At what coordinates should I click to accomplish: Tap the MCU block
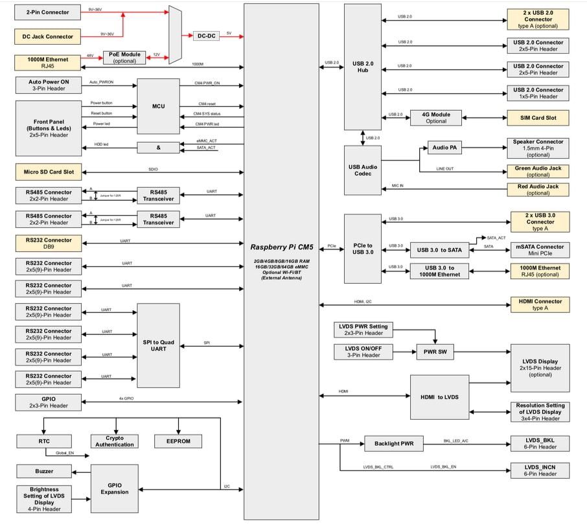pos(158,106)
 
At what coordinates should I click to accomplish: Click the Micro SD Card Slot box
pos(49,172)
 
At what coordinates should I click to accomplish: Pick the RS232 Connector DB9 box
pos(49,244)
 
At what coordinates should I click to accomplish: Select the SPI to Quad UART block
pos(158,345)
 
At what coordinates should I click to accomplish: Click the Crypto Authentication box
pos(115,441)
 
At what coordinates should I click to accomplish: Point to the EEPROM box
pos(178,441)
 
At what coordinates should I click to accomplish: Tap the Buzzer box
pos(44,471)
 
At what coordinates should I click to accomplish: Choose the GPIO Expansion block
pos(115,488)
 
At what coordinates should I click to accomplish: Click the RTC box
pos(44,441)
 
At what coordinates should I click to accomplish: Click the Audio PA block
pos(444,148)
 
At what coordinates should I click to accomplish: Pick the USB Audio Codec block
pos(363,170)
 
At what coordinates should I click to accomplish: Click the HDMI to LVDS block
pos(439,396)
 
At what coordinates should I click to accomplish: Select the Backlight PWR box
pos(393,444)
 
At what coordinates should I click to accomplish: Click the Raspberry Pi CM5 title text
pos(281,247)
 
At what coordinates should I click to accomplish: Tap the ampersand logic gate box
pos(158,148)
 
